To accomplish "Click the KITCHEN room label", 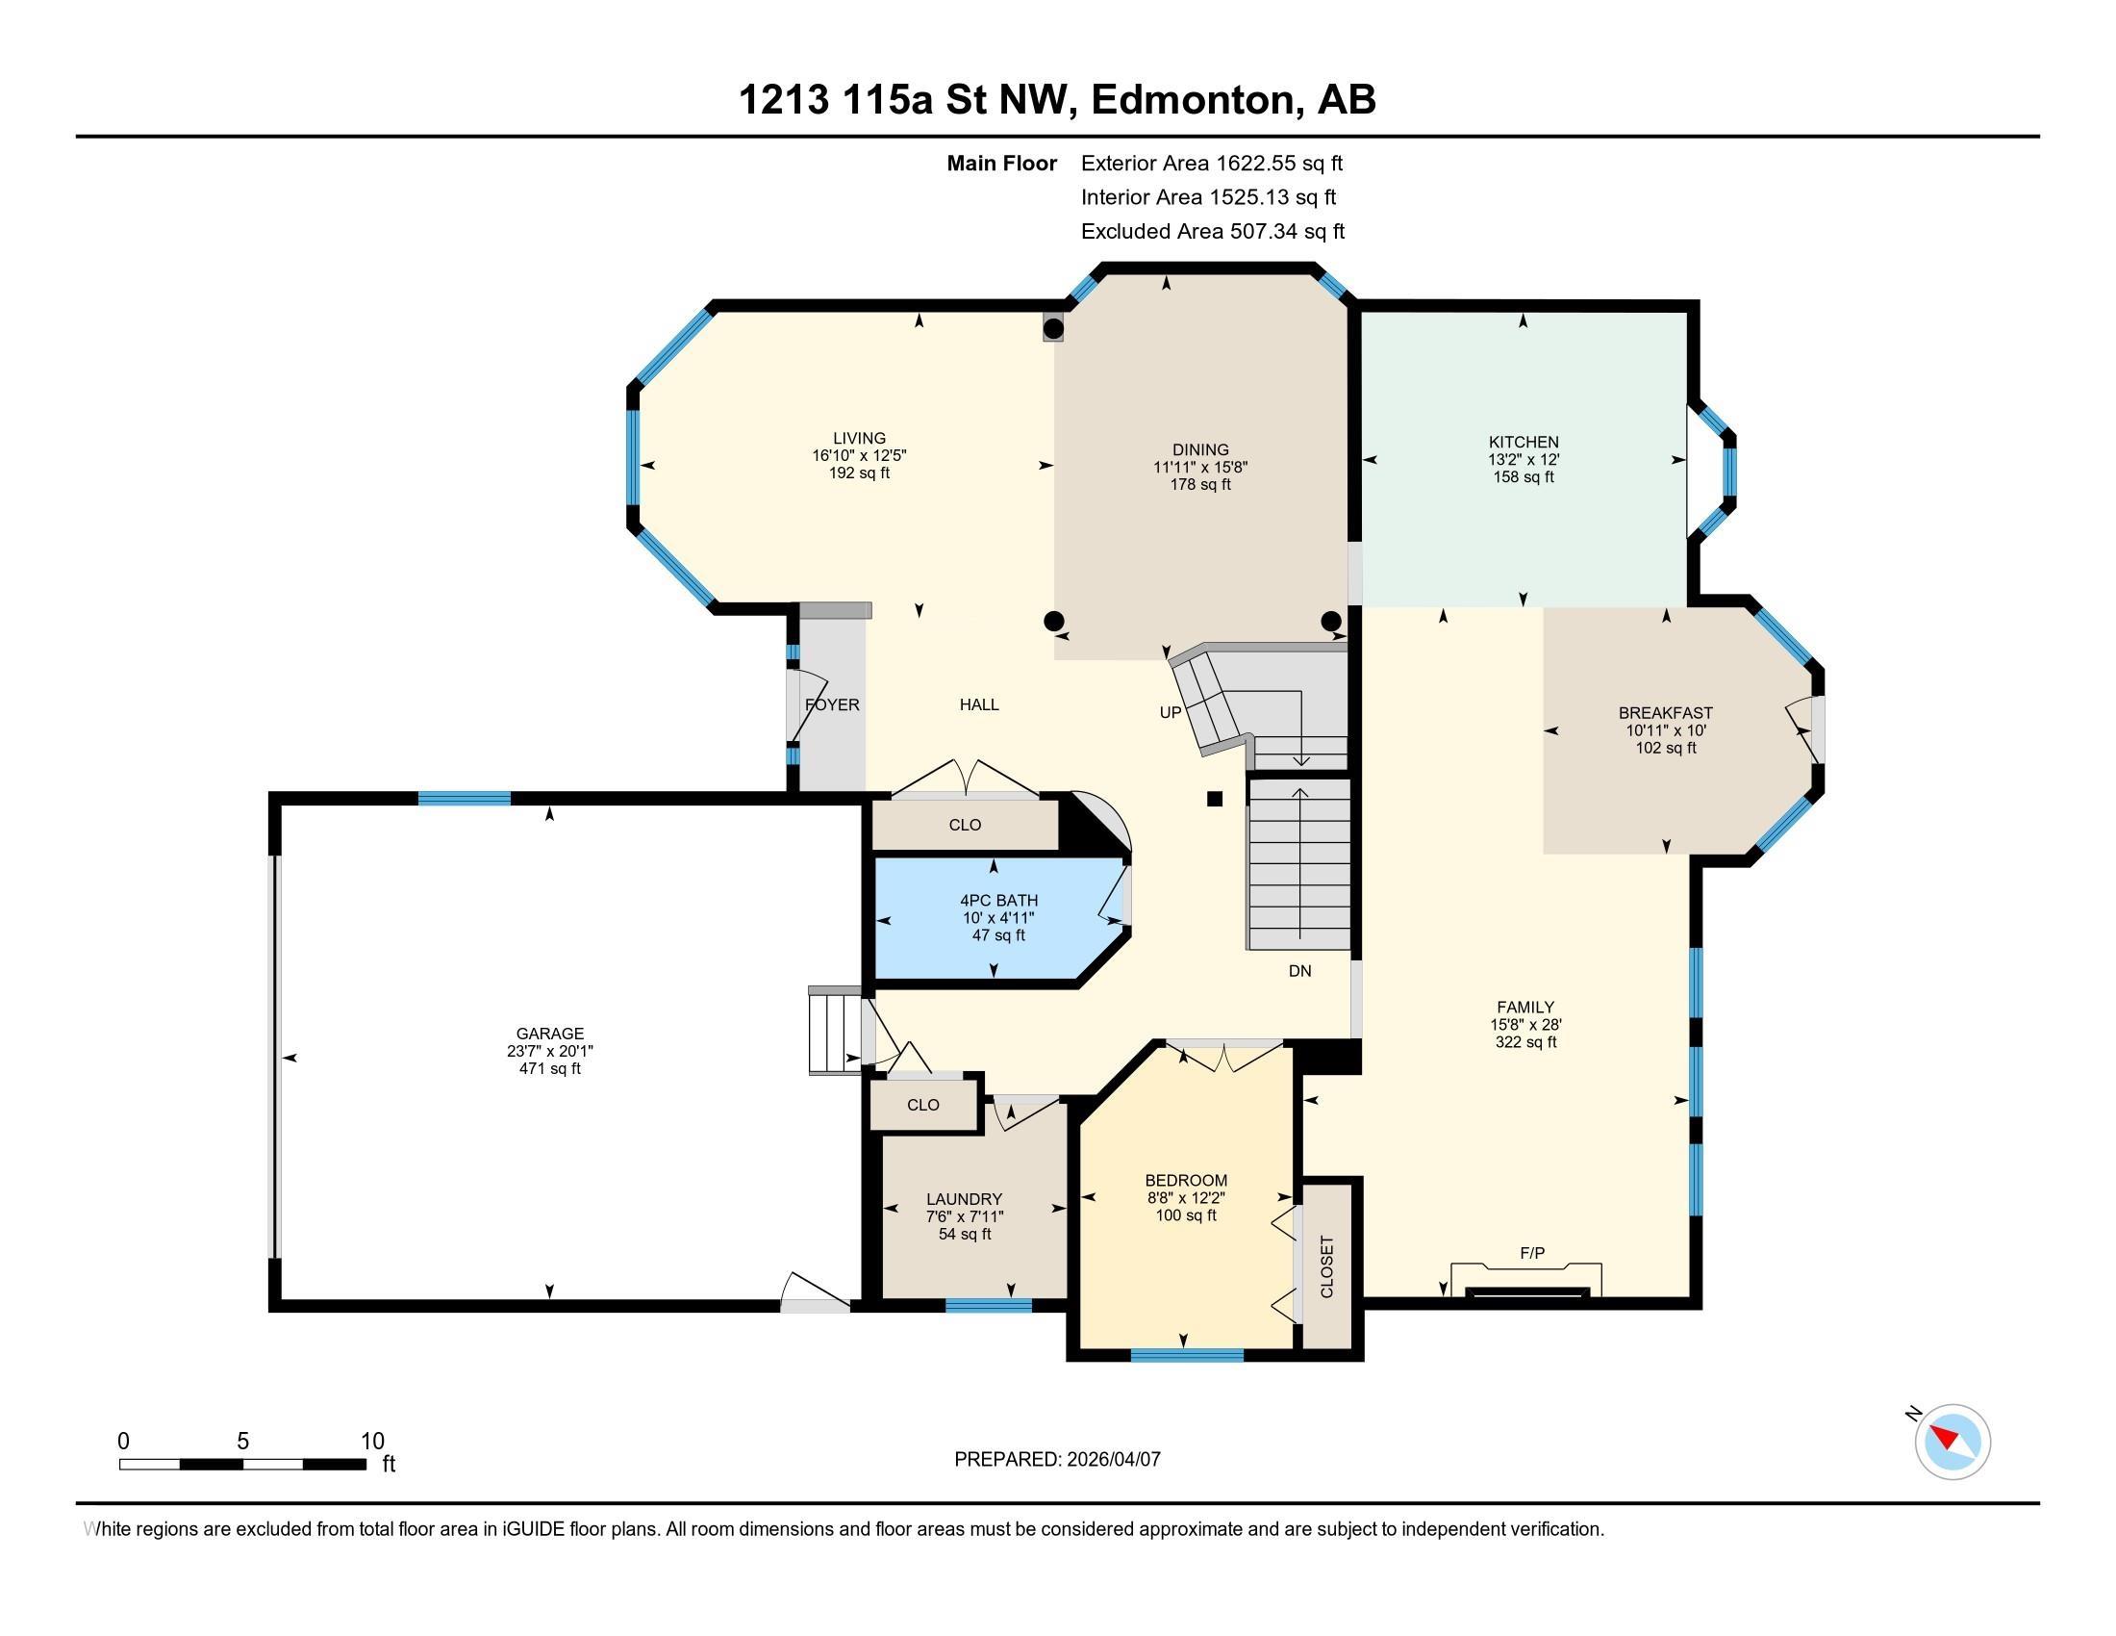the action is click(x=1524, y=442).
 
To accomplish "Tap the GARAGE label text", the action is click(x=549, y=1034).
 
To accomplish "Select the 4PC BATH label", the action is click(x=999, y=901).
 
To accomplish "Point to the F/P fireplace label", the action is click(x=1532, y=1253).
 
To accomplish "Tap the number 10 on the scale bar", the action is click(x=372, y=1442).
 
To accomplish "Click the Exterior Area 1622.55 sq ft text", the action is click(x=1212, y=163).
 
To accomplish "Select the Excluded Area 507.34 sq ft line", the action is click(x=1213, y=231).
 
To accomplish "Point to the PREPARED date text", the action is click(x=1057, y=1459).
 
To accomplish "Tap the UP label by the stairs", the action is click(x=1171, y=712).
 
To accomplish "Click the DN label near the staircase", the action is click(x=1299, y=970).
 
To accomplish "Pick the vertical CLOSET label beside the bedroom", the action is click(x=1327, y=1266).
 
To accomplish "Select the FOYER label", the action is click(x=832, y=704).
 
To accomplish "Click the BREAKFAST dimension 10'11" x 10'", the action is click(x=1666, y=729).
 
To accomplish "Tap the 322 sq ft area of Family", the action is click(x=1525, y=1042).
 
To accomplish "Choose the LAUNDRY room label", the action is click(x=964, y=1199).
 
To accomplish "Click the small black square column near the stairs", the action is click(x=1214, y=799).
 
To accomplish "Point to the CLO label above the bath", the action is click(x=965, y=825).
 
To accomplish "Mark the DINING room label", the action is click(x=1200, y=449).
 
